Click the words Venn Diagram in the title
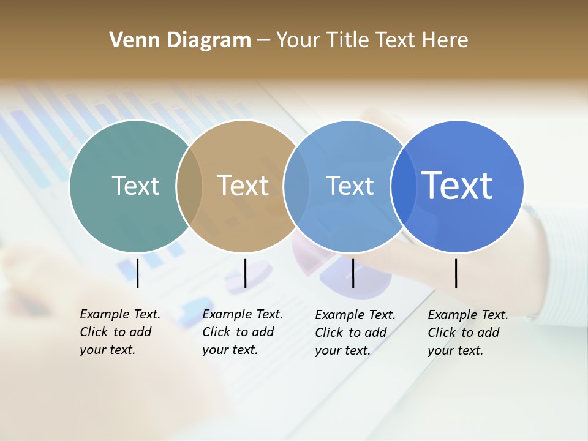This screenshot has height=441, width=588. point(180,40)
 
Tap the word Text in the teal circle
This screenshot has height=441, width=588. point(135,186)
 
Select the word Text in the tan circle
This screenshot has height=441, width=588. point(243,186)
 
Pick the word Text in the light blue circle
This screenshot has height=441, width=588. point(350,186)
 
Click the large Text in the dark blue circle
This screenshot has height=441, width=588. point(458,186)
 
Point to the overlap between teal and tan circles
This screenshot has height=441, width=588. point(189,186)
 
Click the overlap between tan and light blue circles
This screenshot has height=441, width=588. point(296,186)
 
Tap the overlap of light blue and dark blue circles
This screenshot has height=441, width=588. point(403,186)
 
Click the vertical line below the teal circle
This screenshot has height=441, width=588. point(138,273)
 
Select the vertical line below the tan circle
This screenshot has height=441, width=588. point(245,273)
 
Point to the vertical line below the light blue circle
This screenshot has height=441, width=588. point(353,273)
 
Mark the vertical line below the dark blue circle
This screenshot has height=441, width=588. point(456,273)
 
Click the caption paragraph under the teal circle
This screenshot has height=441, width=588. point(120,332)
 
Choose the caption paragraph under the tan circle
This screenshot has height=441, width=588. point(243,332)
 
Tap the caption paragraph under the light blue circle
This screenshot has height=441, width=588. point(355,333)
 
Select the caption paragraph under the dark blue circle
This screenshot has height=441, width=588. point(468,333)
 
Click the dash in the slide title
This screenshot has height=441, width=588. point(263,40)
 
